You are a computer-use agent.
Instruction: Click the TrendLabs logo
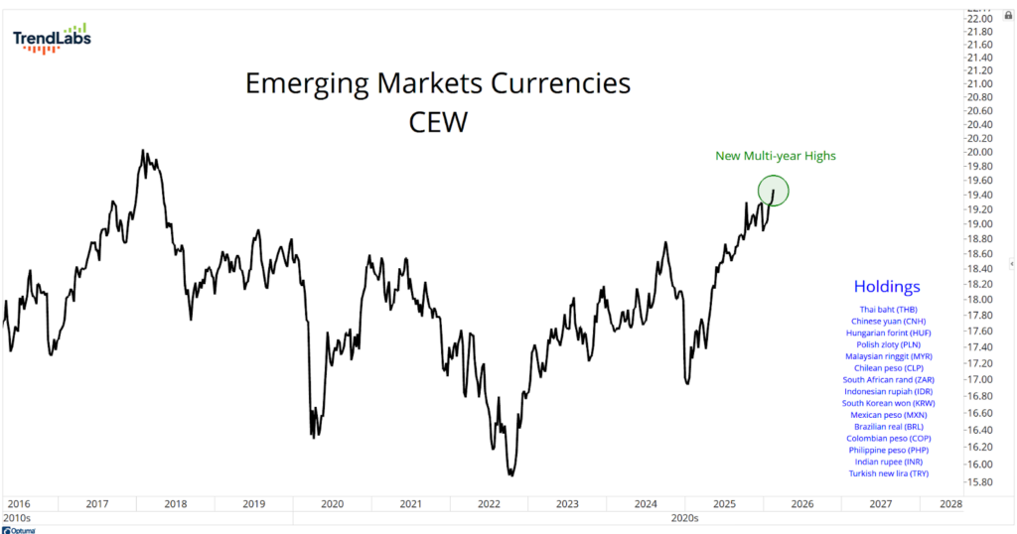51,38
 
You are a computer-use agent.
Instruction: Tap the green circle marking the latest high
773,191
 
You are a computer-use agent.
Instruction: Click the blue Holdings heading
887,287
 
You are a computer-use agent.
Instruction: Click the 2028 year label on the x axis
950,503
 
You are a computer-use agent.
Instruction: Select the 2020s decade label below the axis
684,517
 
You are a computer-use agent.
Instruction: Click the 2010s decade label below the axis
17,517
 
